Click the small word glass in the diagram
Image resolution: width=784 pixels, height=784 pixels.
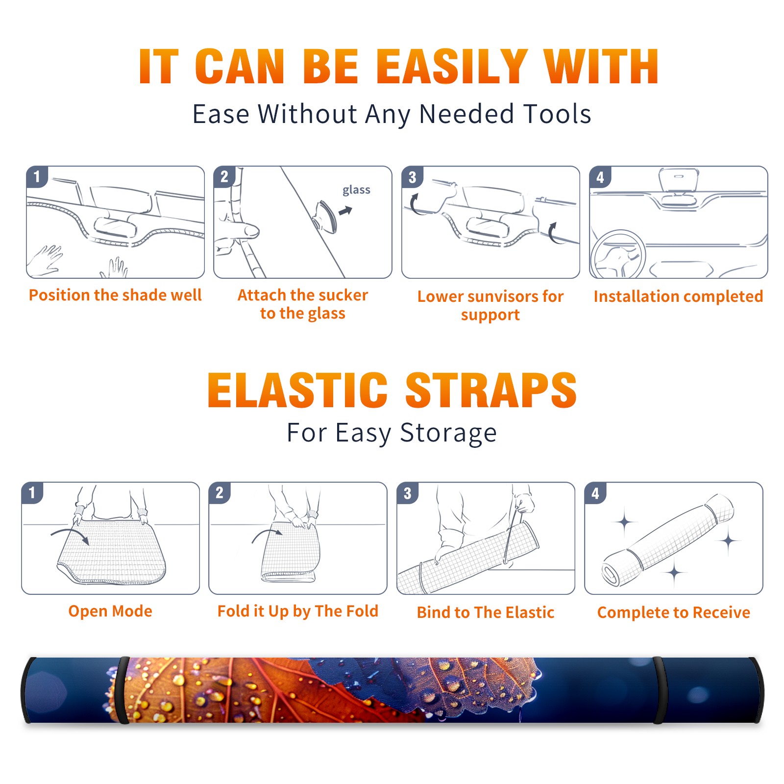(356, 190)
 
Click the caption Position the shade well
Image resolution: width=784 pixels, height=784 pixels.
(115, 295)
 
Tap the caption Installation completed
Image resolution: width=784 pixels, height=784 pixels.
(678, 296)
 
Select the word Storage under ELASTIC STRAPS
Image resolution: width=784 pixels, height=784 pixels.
(448, 433)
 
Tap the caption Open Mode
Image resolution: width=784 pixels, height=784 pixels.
(110, 611)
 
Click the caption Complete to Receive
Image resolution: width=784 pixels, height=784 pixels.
(674, 612)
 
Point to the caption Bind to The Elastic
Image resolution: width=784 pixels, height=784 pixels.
(486, 612)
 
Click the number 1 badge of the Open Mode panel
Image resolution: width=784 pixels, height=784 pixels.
(32, 492)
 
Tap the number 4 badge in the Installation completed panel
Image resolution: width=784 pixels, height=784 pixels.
(600, 177)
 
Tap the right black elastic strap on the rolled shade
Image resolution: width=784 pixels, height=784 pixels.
(658, 690)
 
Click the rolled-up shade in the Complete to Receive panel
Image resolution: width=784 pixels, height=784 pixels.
(668, 540)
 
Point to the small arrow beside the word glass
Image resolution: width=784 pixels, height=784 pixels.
(345, 211)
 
